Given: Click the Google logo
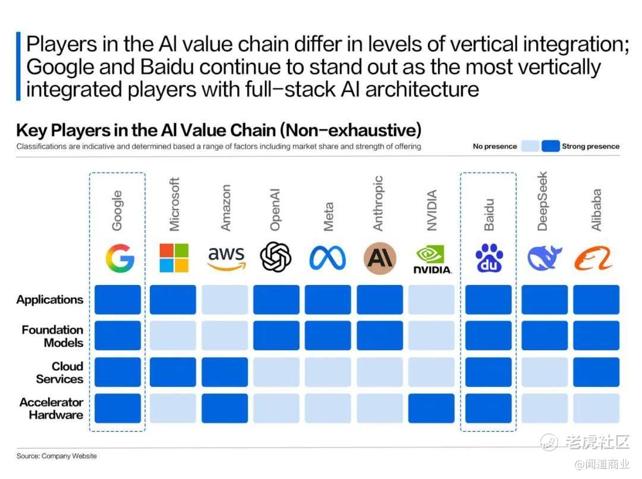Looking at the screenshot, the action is (x=120, y=258).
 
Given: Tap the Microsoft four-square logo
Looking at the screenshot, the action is (x=174, y=258).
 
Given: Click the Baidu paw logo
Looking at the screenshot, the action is (x=489, y=258).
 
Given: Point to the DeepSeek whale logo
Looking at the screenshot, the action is (x=545, y=258).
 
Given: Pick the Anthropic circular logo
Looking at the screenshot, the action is (x=380, y=258).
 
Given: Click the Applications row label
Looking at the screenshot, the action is (x=50, y=300).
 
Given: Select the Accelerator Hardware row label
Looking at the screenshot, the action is (x=52, y=408).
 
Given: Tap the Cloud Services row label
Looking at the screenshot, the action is (x=60, y=372).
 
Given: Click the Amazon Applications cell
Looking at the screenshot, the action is (x=225, y=300).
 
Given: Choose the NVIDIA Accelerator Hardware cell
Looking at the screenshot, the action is (x=432, y=408).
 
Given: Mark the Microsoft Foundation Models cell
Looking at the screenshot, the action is (x=173, y=335).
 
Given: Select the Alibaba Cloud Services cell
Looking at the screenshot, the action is (x=596, y=372).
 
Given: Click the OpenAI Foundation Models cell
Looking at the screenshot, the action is (x=276, y=335).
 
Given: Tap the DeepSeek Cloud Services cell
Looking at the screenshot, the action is (x=545, y=372).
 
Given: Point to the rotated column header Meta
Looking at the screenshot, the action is (x=328, y=217).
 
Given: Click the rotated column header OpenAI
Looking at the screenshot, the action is (x=275, y=210).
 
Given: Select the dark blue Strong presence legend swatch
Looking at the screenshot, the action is (x=550, y=147).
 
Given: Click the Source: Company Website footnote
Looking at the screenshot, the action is (x=56, y=456).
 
